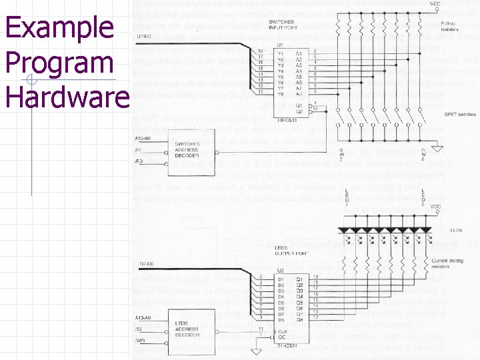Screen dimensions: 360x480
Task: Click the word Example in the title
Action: [59, 27]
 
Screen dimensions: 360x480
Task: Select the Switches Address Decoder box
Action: [187, 151]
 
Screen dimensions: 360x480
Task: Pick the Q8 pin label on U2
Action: [299, 320]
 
